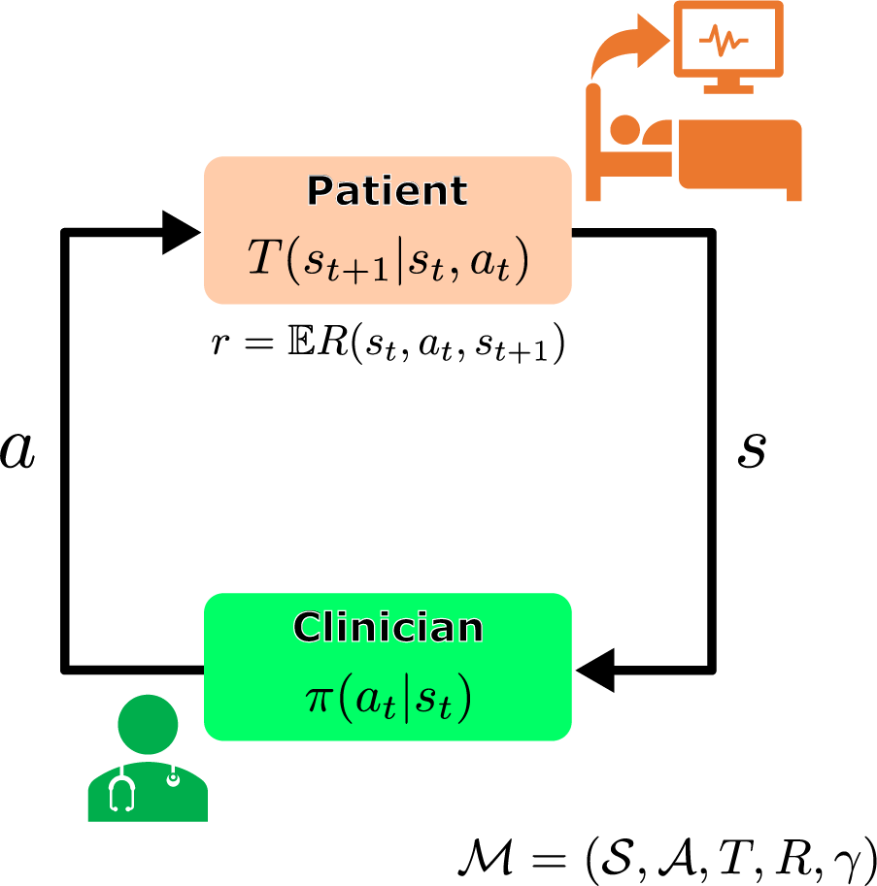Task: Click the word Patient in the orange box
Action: tap(388, 192)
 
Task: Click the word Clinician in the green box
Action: tap(388, 628)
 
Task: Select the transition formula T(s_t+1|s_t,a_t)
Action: tap(388, 260)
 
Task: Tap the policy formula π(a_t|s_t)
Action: tap(388, 699)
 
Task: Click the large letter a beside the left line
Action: tap(17, 451)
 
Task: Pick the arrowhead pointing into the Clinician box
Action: tap(594, 669)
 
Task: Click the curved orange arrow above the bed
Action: tap(622, 53)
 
